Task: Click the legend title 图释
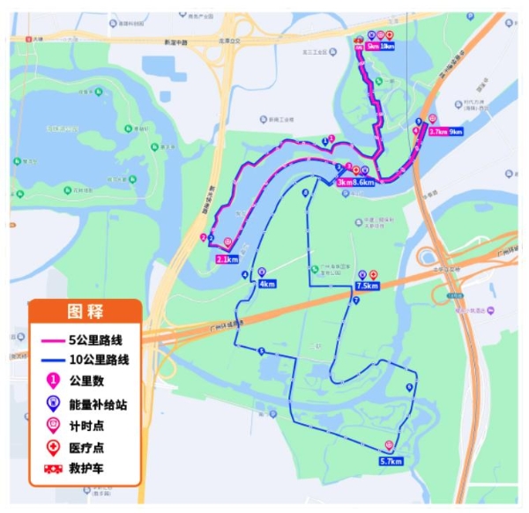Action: [86, 311]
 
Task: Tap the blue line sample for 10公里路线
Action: [52, 360]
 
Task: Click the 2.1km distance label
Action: [227, 260]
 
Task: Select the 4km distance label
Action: [267, 284]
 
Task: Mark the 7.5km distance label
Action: [367, 286]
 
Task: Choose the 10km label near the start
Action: [386, 47]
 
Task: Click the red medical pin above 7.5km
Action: [373, 275]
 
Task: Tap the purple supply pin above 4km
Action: [261, 272]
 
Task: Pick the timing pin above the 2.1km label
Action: [228, 242]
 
